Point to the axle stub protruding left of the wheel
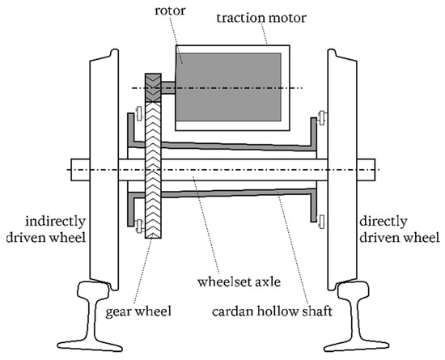point(81,171)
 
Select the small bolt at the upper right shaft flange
point(322,121)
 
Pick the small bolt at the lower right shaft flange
point(322,219)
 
